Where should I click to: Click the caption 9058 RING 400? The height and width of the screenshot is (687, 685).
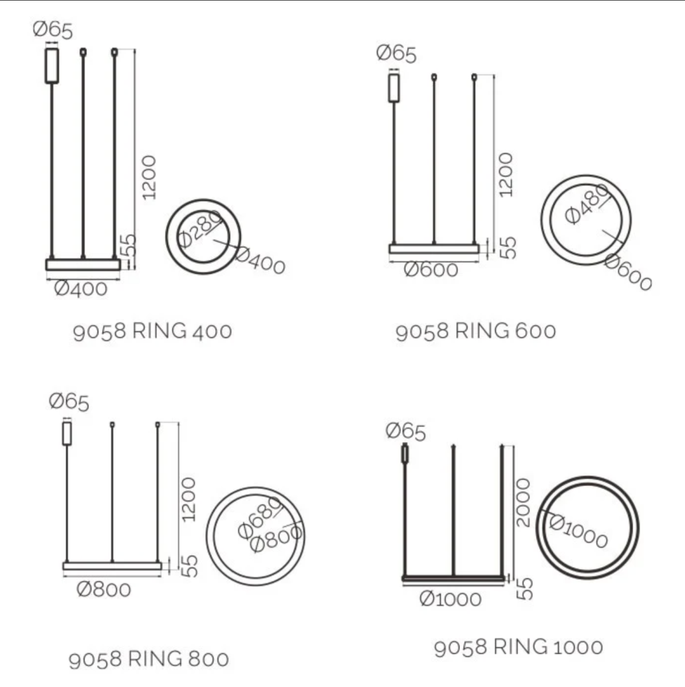tap(152, 331)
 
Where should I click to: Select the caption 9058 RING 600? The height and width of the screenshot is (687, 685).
tap(475, 331)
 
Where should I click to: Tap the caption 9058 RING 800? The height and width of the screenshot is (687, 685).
tap(148, 660)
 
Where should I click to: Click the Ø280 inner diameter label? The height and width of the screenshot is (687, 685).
tap(200, 229)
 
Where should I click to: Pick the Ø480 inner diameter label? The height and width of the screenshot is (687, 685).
tap(587, 204)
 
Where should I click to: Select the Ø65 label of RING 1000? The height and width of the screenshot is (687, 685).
tap(405, 431)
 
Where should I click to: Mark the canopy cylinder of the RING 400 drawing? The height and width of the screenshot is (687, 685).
tap(52, 65)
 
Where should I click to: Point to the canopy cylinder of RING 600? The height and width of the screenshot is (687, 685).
tap(394, 87)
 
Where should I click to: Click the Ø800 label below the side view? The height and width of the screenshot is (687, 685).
tap(103, 589)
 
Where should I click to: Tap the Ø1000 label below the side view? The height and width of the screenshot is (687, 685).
tap(450, 599)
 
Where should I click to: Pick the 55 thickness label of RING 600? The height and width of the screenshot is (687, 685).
tap(507, 247)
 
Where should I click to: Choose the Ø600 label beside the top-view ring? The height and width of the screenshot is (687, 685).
tap(627, 272)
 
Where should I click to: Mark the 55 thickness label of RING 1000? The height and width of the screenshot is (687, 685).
tap(524, 588)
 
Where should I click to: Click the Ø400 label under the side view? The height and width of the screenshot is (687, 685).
tap(80, 289)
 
